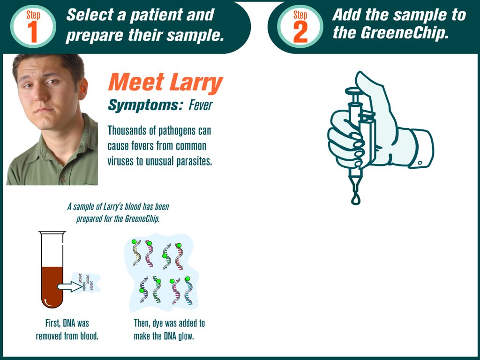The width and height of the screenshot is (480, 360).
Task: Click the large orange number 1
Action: [x=32, y=32]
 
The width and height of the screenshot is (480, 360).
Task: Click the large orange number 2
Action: [x=300, y=32]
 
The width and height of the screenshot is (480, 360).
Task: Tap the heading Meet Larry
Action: [x=165, y=82]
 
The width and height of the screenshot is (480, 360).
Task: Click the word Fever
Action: [x=201, y=105]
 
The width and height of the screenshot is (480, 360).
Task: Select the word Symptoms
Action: [x=143, y=106]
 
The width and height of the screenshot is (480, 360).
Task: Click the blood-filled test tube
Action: [x=52, y=270]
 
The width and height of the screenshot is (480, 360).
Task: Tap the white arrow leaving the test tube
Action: [x=70, y=286]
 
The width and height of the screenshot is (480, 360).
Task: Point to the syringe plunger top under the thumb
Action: [x=356, y=90]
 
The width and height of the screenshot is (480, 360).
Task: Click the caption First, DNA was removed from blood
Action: [x=67, y=330]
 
